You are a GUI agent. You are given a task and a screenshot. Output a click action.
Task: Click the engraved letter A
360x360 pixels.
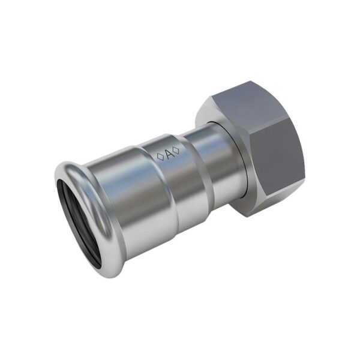point(169,155)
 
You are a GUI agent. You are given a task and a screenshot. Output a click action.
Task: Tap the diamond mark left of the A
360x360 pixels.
point(160,157)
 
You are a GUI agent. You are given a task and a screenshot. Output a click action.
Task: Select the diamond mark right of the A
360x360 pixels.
point(176,151)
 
